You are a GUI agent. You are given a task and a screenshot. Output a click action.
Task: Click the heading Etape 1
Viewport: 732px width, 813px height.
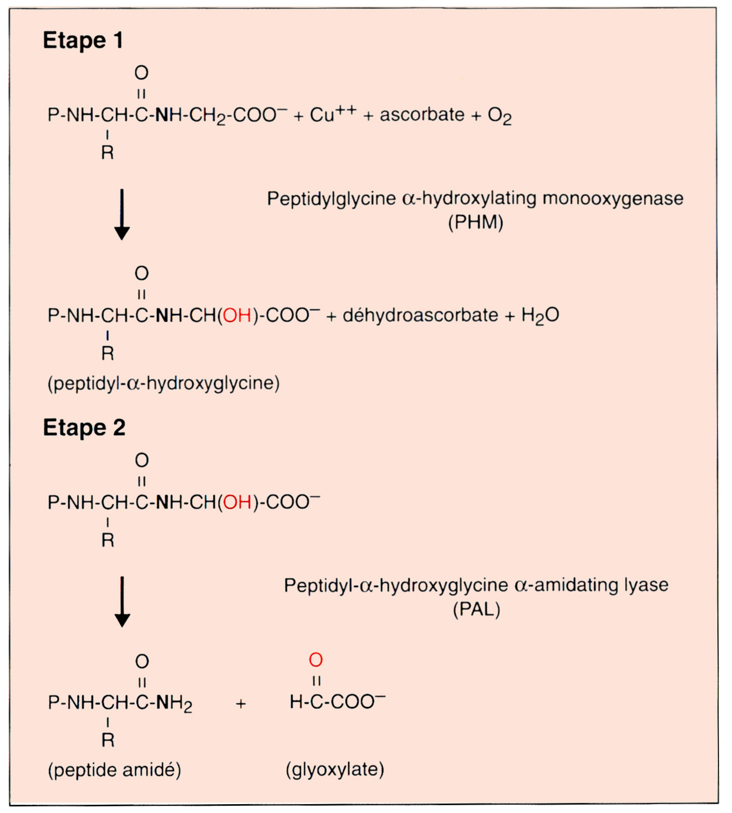83,40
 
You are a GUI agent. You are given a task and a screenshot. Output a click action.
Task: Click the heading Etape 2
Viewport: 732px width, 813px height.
84,428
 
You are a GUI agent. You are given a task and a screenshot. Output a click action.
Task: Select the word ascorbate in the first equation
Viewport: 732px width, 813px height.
422,115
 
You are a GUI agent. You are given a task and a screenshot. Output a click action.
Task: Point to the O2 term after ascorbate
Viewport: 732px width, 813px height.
499,116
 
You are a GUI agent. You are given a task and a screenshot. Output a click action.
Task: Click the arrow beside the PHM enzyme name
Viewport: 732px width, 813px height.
122,214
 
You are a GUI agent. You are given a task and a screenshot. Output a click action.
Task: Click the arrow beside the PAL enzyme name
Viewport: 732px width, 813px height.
122,601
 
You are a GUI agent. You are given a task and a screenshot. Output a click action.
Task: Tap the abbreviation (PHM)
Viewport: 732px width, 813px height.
475,222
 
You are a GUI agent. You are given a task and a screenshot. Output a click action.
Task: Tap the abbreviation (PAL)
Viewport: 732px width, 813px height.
476,609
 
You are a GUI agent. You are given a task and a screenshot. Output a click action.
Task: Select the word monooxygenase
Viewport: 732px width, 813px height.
613,199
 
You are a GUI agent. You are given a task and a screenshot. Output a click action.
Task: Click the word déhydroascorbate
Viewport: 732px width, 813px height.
420,315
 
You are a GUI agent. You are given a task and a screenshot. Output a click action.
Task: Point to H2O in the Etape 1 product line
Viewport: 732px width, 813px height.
540,315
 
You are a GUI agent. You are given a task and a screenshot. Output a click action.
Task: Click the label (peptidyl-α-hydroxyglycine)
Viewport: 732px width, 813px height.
163,383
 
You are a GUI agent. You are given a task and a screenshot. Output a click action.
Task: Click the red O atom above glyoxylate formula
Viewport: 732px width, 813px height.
316,660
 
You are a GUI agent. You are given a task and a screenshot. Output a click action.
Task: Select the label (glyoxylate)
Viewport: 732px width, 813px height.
335,769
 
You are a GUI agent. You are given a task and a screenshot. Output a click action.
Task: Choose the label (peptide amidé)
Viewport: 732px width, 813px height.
115,770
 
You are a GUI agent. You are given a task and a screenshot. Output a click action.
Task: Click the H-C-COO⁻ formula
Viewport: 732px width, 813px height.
337,702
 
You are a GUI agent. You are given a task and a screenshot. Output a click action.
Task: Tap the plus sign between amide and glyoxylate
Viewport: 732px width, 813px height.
241,704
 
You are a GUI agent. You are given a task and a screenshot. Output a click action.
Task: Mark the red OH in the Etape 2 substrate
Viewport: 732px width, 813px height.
237,502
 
